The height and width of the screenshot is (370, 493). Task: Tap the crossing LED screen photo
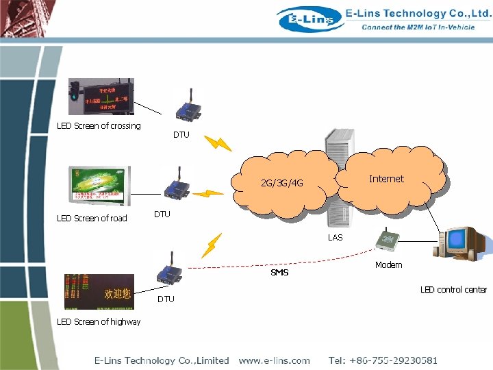(x=101, y=97)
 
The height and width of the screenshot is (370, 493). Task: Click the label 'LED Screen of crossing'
(x=99, y=126)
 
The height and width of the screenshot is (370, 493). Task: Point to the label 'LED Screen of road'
(x=92, y=219)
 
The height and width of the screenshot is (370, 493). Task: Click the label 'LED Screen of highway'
(x=99, y=322)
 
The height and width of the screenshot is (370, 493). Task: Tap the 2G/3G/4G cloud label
(x=281, y=184)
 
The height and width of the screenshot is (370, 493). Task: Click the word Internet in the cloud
(x=386, y=179)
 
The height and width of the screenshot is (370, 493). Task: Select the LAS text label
(x=335, y=238)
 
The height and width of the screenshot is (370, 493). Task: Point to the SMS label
(x=279, y=273)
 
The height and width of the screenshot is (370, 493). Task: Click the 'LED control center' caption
(x=453, y=290)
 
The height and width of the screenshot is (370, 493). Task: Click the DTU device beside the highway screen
(x=165, y=269)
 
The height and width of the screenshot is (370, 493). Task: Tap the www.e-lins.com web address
(x=274, y=360)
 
